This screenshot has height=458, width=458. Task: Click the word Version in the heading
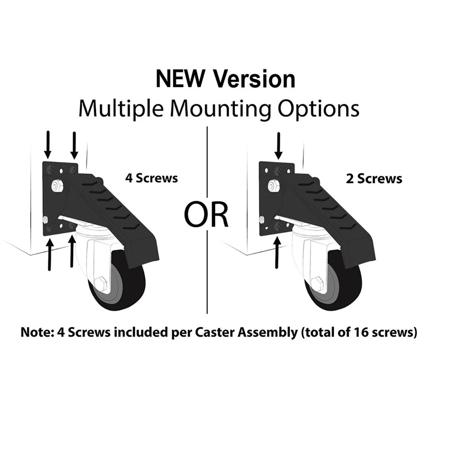[x=254, y=80]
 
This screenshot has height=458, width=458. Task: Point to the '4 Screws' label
[x=152, y=178]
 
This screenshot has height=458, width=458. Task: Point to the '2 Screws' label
[x=374, y=179]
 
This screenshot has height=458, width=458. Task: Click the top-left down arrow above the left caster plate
[x=48, y=145]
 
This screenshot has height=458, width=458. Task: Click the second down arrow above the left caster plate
[x=74, y=145]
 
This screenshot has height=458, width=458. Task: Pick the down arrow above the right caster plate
[x=279, y=145]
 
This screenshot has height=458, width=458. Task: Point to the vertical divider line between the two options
[x=207, y=267]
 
